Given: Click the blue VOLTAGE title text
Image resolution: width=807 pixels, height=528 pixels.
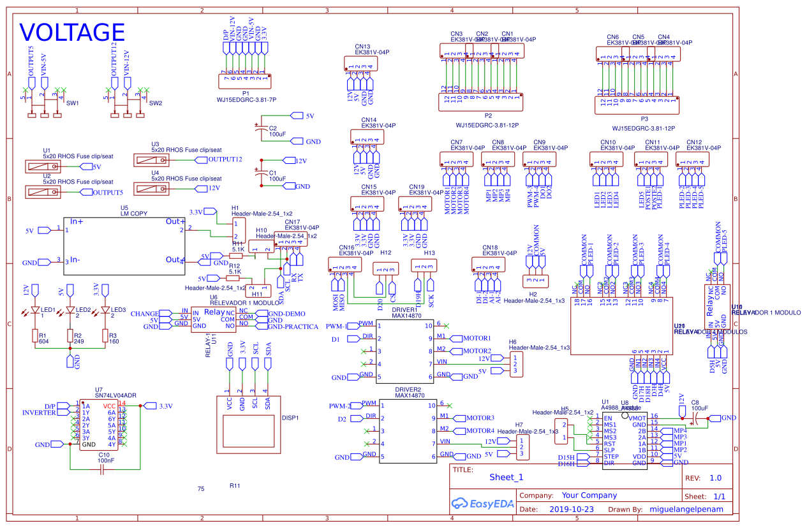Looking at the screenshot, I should (x=72, y=33).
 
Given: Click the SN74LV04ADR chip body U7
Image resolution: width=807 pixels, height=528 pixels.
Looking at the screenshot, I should (x=99, y=425).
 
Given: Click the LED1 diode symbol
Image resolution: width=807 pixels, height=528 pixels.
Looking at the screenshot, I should (x=35, y=311).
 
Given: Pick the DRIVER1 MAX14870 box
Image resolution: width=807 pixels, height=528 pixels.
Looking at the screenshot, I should (x=406, y=351).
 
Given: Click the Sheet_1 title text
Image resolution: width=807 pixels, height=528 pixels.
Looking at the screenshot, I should (x=506, y=477).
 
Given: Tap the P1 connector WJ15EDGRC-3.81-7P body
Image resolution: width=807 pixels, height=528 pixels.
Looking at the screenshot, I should (x=246, y=81).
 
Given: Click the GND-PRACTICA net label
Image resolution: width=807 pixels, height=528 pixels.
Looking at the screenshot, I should (x=292, y=326).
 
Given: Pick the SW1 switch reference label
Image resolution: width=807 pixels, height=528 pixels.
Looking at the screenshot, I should (x=73, y=103).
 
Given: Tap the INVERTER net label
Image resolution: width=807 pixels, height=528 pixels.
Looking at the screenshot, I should (x=40, y=413).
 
